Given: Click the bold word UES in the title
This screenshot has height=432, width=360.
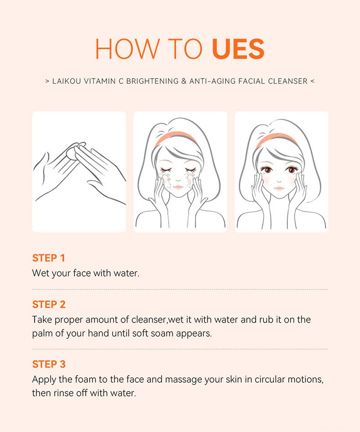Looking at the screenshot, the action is point(238,49).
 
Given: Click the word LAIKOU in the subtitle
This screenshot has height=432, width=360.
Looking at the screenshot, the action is point(67,81).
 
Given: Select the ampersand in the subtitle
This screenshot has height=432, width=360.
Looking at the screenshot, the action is point(184,81).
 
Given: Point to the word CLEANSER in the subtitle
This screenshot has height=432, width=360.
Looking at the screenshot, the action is point(288,81).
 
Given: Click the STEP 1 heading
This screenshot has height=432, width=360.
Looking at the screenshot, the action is point(48,258).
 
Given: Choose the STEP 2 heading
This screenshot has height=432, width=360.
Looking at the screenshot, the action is point(49,304).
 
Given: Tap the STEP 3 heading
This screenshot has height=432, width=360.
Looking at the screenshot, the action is point(49,364).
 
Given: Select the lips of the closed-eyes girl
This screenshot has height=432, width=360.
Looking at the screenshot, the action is point(178,187).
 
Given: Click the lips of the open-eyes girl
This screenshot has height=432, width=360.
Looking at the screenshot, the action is point(279,188).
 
